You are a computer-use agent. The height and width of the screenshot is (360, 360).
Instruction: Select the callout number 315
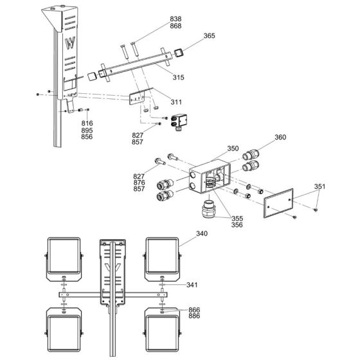(x=178, y=77)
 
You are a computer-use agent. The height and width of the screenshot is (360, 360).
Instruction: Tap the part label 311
(x=176, y=102)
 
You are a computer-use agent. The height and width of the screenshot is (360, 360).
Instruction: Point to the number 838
(x=157, y=20)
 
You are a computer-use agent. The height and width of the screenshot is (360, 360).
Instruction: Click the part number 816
(x=87, y=123)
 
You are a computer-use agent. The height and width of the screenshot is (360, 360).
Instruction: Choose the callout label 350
(x=233, y=148)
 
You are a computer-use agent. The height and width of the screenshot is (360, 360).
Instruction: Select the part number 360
(x=280, y=137)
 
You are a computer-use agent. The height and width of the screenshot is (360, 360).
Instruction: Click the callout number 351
(x=319, y=187)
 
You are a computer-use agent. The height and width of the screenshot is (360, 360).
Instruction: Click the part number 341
(x=210, y=284)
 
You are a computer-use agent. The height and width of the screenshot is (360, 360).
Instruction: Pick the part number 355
(x=238, y=218)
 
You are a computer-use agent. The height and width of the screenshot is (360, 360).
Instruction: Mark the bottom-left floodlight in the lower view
(x=63, y=328)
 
